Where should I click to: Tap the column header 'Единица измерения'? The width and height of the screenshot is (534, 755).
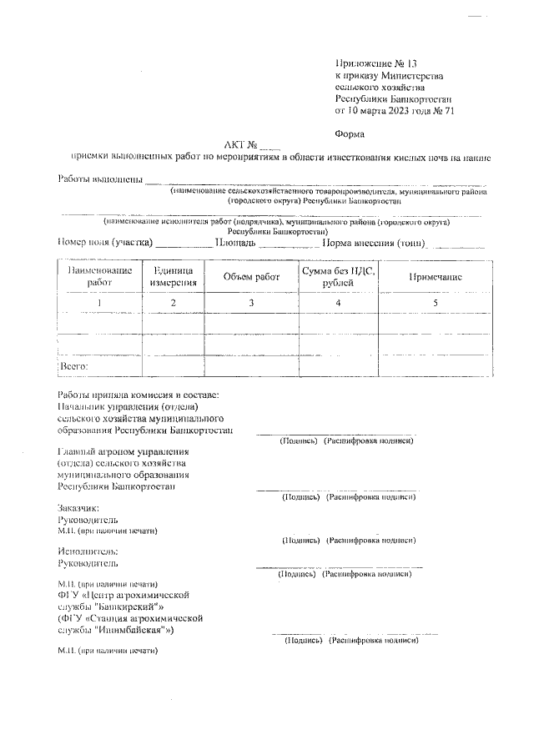click(173, 277)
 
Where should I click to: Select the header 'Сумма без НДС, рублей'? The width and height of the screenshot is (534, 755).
click(337, 277)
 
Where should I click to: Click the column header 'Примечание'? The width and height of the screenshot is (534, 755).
click(435, 277)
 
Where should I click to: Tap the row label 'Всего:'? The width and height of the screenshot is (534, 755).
click(75, 365)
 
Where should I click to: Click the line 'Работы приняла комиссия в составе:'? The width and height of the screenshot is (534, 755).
click(139, 395)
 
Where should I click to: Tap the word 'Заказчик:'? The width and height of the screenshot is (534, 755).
click(78, 508)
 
